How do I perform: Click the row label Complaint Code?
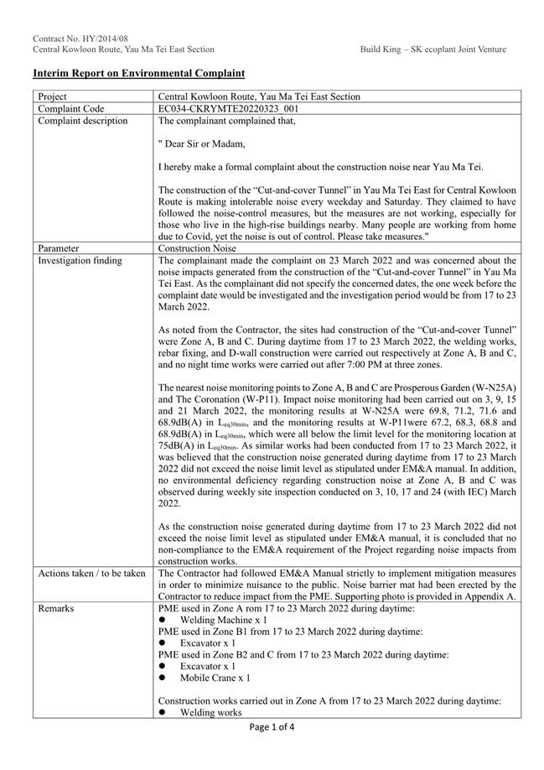pyautogui.click(x=70, y=109)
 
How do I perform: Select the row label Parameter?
pyautogui.click(x=58, y=248)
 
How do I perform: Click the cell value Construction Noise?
pyautogui.click(x=197, y=248)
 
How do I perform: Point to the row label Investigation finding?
pyautogui.click(x=80, y=260)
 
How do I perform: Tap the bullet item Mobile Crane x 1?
pyautogui.click(x=220, y=677)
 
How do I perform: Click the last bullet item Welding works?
pyautogui.click(x=210, y=712)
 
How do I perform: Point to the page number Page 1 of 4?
pyautogui.click(x=272, y=728)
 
